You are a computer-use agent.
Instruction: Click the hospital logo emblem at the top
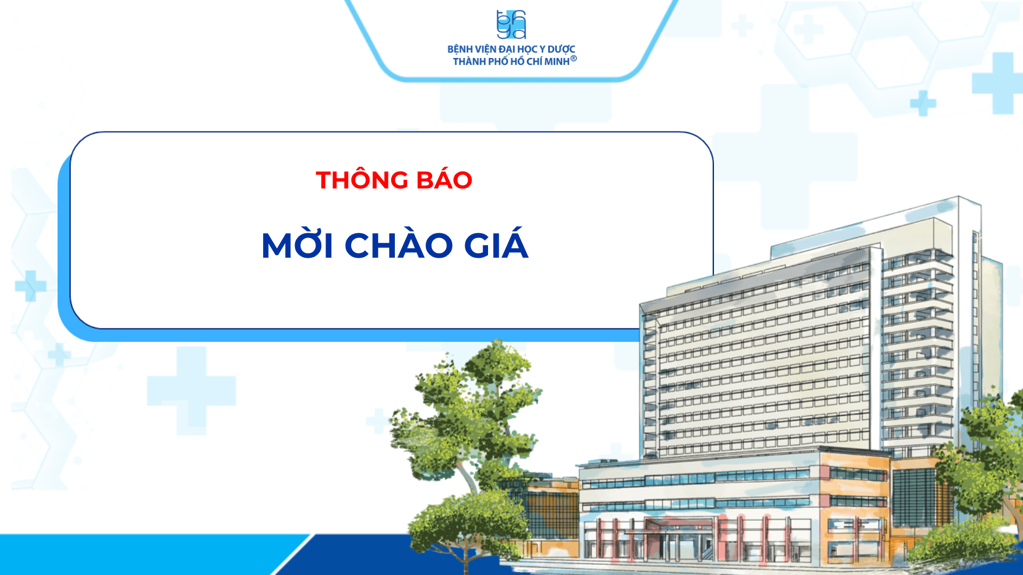click(511, 24)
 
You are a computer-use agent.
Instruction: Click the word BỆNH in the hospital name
click(460, 50)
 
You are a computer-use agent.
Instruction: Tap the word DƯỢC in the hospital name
click(562, 50)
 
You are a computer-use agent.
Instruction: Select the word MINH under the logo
click(557, 62)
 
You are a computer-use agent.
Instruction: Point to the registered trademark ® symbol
click(573, 59)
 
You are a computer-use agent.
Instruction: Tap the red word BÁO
click(444, 179)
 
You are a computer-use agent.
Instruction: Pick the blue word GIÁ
click(496, 244)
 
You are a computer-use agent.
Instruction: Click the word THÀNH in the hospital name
click(469, 62)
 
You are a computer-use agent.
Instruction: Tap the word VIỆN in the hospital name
click(486, 50)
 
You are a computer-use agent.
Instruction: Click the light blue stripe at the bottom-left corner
click(149, 554)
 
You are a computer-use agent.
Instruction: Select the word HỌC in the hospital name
click(527, 50)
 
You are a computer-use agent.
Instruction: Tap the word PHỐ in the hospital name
click(498, 62)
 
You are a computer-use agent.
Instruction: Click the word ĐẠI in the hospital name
click(507, 50)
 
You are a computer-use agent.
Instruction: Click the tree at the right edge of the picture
click(986, 469)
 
